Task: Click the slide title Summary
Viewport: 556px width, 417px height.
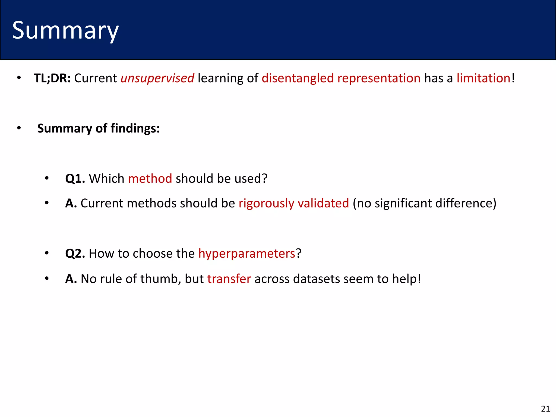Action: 65,30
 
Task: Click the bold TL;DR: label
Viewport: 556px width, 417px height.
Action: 52,78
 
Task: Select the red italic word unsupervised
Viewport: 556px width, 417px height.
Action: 157,78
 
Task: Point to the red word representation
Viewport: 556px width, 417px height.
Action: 379,78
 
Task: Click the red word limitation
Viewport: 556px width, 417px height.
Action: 483,78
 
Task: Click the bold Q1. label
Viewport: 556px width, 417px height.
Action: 75,179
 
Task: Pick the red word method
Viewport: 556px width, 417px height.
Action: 150,179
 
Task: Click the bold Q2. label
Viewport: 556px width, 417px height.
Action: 75,254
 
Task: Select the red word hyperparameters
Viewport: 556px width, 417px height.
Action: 247,254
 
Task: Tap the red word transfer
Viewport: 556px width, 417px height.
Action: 229,279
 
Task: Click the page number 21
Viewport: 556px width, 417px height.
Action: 545,409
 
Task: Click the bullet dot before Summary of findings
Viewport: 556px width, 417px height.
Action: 19,128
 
